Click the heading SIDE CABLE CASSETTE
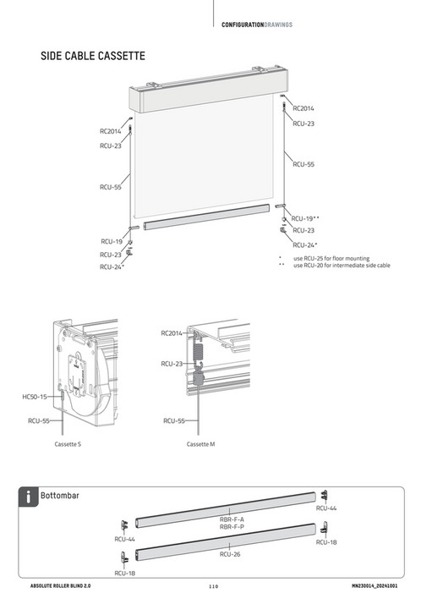pos(93,57)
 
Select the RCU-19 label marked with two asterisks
pos(305,218)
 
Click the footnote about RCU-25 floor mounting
pos(336,258)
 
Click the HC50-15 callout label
pos(35,396)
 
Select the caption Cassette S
pos(68,443)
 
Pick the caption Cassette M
pos(200,443)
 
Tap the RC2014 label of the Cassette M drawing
pos(172,333)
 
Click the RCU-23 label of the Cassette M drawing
pos(172,364)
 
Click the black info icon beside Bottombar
pos(29,497)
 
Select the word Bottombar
pos(59,496)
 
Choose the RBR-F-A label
pos(232,519)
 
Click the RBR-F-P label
pos(232,526)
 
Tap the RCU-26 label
pos(230,555)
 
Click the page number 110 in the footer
pos(213,585)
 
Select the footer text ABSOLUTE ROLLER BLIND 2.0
pos(65,585)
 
